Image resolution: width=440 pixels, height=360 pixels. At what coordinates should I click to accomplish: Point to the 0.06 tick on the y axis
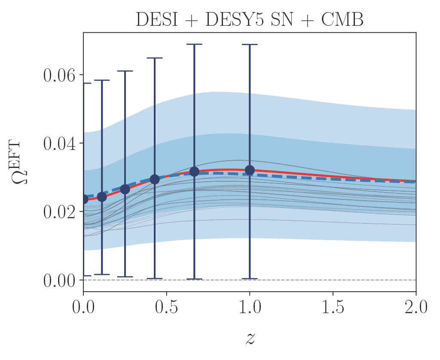pyautogui.click(x=58, y=75)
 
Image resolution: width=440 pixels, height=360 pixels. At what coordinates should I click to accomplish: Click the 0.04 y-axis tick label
pyautogui.click(x=58, y=143)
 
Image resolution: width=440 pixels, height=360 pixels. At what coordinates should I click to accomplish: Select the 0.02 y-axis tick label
pyautogui.click(x=58, y=212)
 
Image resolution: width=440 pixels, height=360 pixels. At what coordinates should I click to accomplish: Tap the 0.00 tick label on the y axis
pyautogui.click(x=58, y=280)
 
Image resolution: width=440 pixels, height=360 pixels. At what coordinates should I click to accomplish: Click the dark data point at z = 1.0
pyautogui.click(x=250, y=170)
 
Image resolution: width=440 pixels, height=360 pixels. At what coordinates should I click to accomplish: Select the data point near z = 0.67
pyautogui.click(x=194, y=171)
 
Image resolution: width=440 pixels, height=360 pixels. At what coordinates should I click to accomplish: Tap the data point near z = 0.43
pyautogui.click(x=155, y=179)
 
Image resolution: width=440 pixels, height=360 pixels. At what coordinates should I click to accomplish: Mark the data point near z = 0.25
pyautogui.click(x=125, y=189)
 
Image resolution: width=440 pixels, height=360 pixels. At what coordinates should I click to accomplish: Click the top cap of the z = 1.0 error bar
pyautogui.click(x=250, y=44)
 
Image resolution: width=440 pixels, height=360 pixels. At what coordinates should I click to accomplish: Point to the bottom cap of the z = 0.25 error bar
pyautogui.click(x=125, y=277)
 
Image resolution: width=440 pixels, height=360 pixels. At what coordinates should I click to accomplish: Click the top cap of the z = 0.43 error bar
pyautogui.click(x=155, y=58)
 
